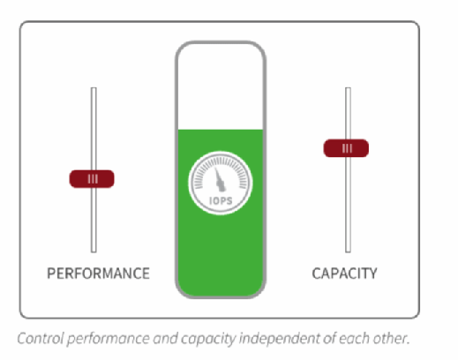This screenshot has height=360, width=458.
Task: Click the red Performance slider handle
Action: click(92, 179)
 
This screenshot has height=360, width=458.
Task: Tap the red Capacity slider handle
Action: click(346, 148)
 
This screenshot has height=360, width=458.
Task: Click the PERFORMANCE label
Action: click(98, 274)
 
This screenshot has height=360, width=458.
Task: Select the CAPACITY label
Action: click(344, 274)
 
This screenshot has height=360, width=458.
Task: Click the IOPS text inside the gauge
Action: click(221, 201)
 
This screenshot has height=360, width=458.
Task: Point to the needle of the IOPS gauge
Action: click(220, 179)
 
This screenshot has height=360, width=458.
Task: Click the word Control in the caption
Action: click(41, 338)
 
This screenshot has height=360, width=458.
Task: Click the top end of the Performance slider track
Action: click(94, 88)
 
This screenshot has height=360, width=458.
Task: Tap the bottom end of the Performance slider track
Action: click(94, 251)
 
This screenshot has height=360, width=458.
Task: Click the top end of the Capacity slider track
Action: click(348, 88)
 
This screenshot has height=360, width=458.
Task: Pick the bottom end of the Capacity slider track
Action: click(348, 251)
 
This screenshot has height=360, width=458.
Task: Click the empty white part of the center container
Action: click(221, 86)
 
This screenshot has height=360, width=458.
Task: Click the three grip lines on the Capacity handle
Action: click(347, 148)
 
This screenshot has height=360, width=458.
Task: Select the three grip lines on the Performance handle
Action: click(93, 179)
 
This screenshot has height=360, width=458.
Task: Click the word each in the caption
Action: click(356, 338)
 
